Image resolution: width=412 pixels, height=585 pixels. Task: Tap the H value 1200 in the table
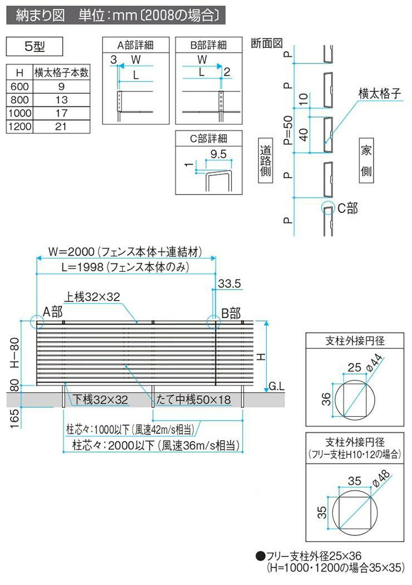(x=19, y=126)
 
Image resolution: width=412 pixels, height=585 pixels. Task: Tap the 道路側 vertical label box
(x=266, y=160)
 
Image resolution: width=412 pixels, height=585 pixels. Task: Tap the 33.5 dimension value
(x=229, y=284)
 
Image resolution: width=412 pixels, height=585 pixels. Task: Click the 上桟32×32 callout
(x=92, y=296)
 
